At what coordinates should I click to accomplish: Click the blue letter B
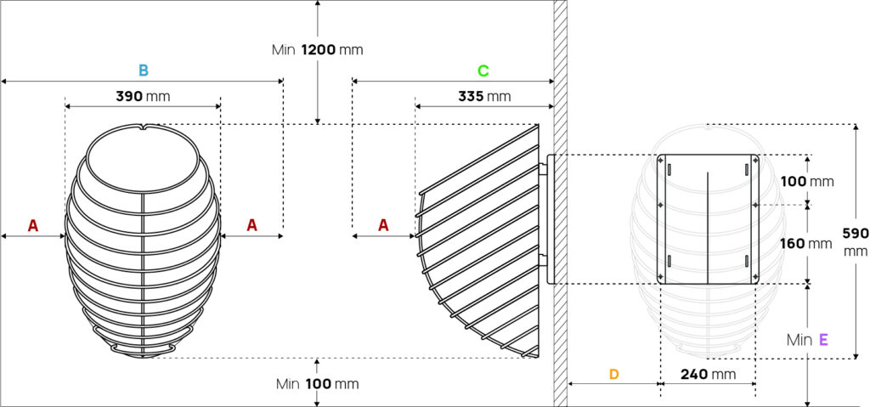[x=143, y=71]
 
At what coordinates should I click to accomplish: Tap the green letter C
[x=483, y=71]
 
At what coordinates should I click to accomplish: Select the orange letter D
[x=613, y=374]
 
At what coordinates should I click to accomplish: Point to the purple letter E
[x=823, y=340]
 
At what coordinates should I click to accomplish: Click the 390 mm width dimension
[x=143, y=96]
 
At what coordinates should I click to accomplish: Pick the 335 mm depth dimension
[x=484, y=96]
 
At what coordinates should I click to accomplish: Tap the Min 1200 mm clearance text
[x=317, y=50]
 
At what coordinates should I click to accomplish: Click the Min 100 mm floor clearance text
[x=318, y=384]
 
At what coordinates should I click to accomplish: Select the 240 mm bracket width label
[x=708, y=374]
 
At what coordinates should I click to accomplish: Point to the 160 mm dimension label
[x=805, y=243]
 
